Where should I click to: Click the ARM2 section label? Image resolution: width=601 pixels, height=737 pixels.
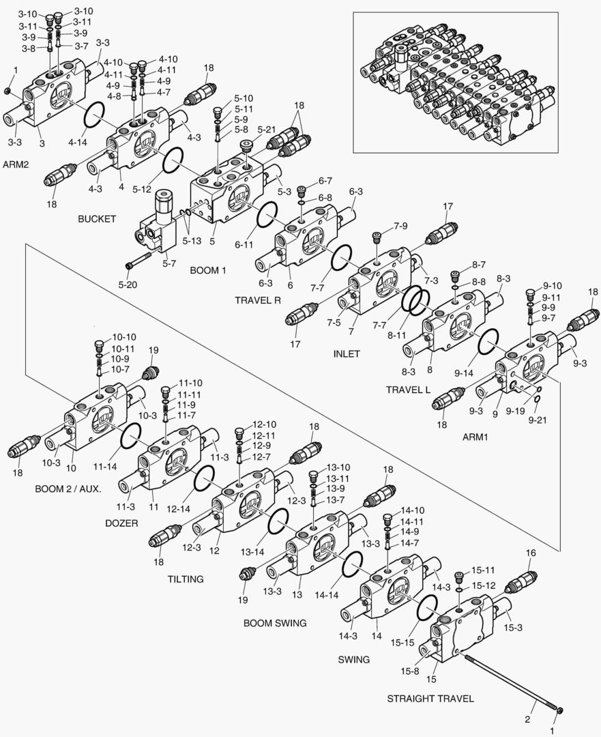[x=16, y=165]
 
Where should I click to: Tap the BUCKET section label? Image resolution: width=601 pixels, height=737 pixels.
[x=97, y=219]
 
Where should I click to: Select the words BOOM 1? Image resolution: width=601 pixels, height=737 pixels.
[x=207, y=270]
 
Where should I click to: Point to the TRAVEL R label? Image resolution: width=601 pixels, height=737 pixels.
[x=258, y=300]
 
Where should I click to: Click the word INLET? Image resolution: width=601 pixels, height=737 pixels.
[x=347, y=354]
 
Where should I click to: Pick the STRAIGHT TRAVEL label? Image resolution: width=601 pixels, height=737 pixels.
[x=430, y=699]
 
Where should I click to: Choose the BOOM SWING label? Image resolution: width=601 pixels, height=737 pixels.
[x=275, y=623]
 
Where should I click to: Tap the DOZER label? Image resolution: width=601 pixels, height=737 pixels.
[x=122, y=523]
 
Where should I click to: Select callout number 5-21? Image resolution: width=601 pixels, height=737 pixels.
[x=267, y=129]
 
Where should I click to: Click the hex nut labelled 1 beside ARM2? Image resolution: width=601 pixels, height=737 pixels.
[x=8, y=91]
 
